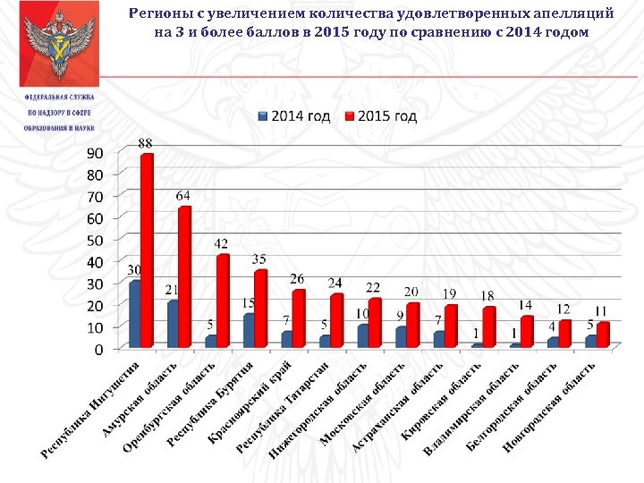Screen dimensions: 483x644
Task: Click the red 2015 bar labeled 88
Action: click(x=147, y=250)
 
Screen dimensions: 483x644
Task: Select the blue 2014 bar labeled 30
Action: click(x=135, y=314)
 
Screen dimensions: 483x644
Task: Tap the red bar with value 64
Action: click(x=185, y=276)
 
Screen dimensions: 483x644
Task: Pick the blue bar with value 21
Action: click(x=174, y=324)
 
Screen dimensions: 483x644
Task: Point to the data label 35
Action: click(x=260, y=260)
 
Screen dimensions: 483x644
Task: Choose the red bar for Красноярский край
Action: click(x=300, y=318)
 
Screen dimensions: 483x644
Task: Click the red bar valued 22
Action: click(x=376, y=323)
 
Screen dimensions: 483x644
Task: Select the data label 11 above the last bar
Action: click(x=602, y=309)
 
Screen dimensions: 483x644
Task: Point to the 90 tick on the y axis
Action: click(x=94, y=153)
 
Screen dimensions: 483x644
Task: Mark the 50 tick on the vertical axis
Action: click(x=94, y=240)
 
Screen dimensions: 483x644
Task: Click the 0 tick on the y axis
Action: click(x=98, y=348)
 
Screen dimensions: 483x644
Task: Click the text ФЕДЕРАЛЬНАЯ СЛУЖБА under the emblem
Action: click(x=59, y=97)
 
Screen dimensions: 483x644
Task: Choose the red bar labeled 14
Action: click(x=528, y=331)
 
